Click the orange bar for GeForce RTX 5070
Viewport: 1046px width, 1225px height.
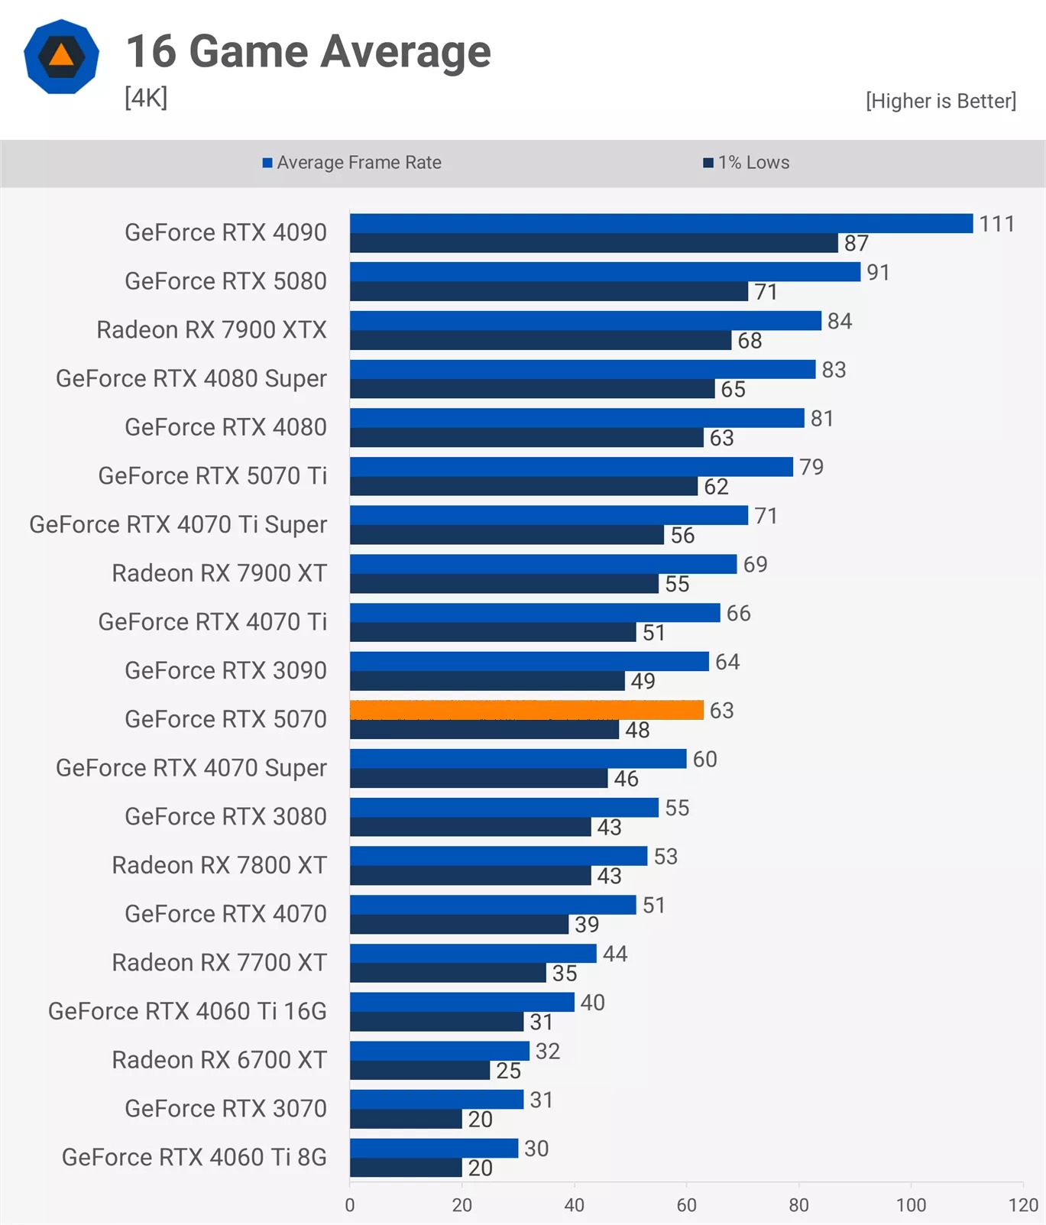[526, 710]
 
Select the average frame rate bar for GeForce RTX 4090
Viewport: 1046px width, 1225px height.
[661, 223]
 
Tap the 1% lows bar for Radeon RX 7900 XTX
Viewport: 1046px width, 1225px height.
[540, 341]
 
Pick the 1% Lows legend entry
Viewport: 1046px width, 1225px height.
[746, 163]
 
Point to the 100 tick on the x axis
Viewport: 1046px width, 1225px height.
[911, 1205]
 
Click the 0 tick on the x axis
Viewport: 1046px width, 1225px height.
[350, 1205]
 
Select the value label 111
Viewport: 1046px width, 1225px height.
[996, 224]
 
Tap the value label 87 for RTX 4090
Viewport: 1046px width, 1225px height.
[856, 244]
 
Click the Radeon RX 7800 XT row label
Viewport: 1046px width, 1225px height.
[219, 865]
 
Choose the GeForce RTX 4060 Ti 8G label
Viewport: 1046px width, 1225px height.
[194, 1157]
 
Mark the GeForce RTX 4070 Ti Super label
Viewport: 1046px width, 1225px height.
[178, 524]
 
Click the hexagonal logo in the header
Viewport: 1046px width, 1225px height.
[61, 57]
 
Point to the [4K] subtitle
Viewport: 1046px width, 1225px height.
[146, 98]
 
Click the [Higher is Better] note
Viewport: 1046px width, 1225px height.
[941, 101]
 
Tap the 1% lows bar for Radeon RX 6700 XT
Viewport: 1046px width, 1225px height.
[419, 1071]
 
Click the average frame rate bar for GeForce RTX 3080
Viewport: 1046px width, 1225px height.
[504, 808]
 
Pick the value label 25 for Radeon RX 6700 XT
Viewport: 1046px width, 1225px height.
[508, 1071]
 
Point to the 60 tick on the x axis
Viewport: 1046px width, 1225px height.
[686, 1205]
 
